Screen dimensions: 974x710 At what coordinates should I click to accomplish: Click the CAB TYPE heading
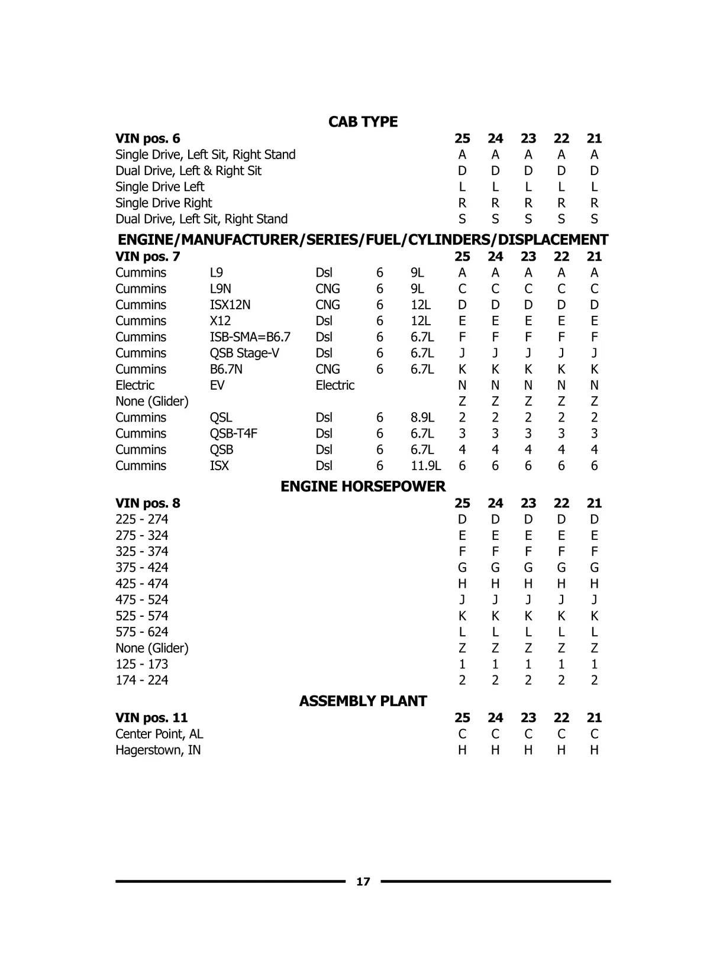(363, 122)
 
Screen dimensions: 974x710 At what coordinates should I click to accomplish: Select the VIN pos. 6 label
(147, 138)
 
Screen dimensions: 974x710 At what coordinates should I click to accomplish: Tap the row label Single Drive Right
(163, 203)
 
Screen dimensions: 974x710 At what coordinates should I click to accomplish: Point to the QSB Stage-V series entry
(244, 353)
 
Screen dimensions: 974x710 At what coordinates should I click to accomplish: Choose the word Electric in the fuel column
(335, 386)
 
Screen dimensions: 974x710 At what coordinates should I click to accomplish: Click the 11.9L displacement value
(425, 466)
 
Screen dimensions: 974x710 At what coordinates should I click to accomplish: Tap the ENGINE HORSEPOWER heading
(363, 487)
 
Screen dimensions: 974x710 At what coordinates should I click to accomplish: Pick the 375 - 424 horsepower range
(141, 568)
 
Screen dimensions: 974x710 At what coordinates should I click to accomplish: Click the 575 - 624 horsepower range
(141, 632)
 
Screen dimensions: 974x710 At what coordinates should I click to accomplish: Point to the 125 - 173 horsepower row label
(141, 664)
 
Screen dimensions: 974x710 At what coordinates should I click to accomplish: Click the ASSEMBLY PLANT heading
(363, 701)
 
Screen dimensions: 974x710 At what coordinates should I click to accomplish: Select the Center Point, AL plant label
(159, 734)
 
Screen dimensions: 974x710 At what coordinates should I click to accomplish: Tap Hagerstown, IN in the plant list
(158, 750)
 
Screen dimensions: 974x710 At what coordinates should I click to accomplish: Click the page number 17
(363, 882)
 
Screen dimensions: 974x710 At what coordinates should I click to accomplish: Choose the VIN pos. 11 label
(151, 718)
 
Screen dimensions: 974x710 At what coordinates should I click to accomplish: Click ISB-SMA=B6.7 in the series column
(250, 337)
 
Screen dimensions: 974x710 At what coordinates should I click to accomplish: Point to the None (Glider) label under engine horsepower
(151, 648)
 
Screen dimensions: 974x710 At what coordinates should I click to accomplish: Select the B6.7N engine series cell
(226, 370)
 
